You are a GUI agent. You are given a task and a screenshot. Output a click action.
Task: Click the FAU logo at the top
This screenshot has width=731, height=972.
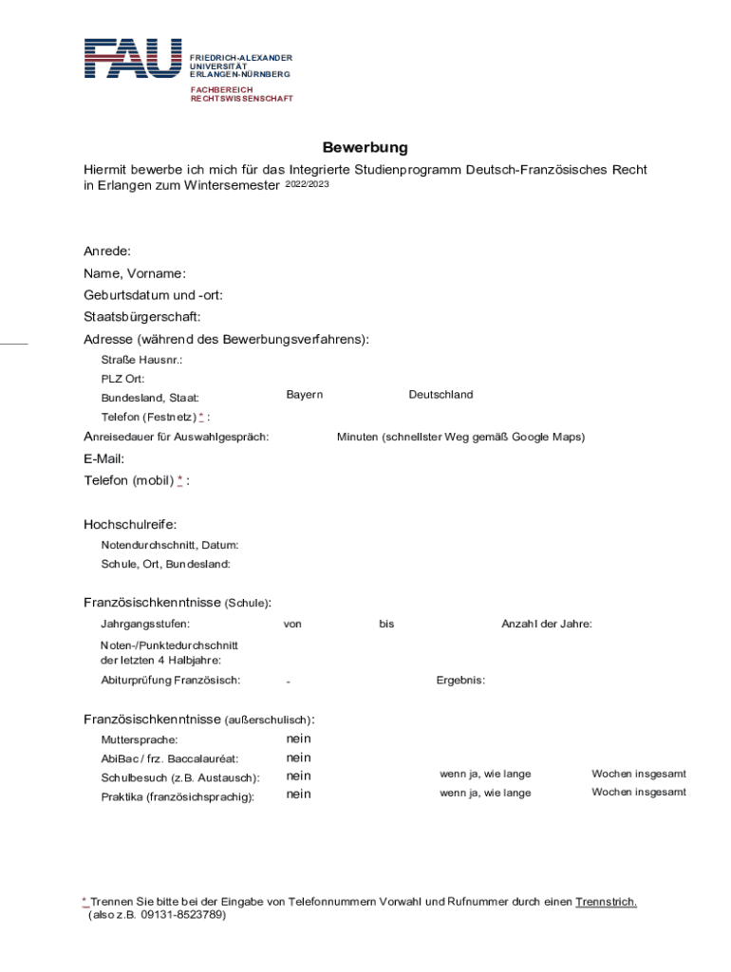pyautogui.click(x=132, y=59)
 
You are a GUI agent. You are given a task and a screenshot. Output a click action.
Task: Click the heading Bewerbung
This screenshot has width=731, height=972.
pyautogui.click(x=365, y=147)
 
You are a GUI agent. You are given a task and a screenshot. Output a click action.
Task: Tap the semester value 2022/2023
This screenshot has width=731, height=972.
pyautogui.click(x=307, y=184)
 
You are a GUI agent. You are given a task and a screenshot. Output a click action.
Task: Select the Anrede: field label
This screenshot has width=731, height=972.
pyautogui.click(x=107, y=252)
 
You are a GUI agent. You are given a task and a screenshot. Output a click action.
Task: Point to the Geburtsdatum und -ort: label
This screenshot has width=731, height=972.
pyautogui.click(x=153, y=295)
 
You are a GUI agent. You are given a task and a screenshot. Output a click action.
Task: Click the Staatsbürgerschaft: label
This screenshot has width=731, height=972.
pyautogui.click(x=141, y=317)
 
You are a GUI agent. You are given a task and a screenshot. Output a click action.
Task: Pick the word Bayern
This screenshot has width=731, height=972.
pyautogui.click(x=305, y=395)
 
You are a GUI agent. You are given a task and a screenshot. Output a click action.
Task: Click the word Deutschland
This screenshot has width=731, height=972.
pyautogui.click(x=440, y=395)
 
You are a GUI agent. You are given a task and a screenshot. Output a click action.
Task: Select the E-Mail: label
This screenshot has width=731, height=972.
pyautogui.click(x=103, y=459)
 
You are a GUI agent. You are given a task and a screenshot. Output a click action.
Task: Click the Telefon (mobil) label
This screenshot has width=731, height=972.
pyautogui.click(x=128, y=481)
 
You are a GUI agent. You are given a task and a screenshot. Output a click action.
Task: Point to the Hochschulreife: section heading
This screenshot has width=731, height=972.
pyautogui.click(x=130, y=525)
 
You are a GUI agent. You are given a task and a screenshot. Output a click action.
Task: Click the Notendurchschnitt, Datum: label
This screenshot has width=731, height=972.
pyautogui.click(x=170, y=546)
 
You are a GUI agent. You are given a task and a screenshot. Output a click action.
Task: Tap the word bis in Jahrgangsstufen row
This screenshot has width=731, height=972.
pyautogui.click(x=386, y=625)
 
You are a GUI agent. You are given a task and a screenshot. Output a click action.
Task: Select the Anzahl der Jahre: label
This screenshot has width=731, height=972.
pyautogui.click(x=547, y=625)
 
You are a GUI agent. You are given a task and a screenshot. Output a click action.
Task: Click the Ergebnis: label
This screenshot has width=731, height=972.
pyautogui.click(x=460, y=681)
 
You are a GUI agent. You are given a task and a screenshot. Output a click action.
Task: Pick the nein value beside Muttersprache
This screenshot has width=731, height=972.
pyautogui.click(x=298, y=738)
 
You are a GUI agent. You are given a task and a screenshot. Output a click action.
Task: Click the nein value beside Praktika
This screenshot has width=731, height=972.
pyautogui.click(x=298, y=794)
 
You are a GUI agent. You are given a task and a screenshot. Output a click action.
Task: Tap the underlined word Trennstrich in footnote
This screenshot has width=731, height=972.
pyautogui.click(x=606, y=902)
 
